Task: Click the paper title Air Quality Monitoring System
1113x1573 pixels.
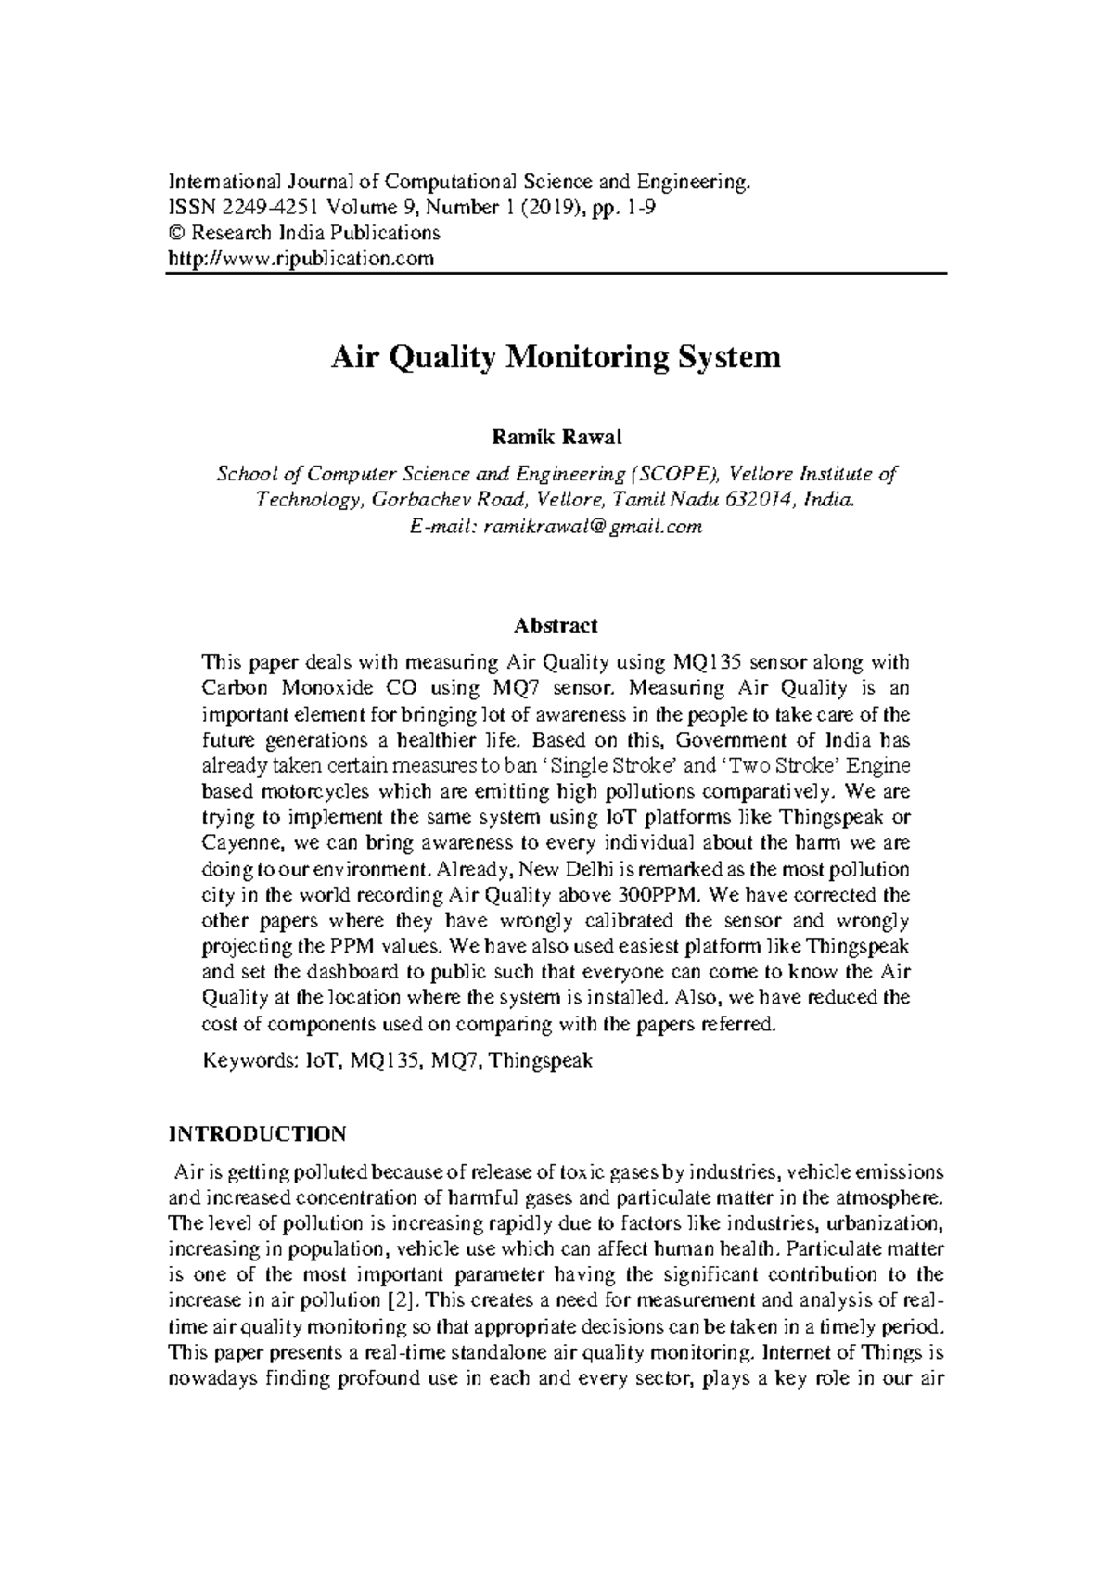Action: [x=556, y=357]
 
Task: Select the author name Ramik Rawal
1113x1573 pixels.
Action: [x=556, y=437]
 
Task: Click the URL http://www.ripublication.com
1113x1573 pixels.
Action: [x=301, y=259]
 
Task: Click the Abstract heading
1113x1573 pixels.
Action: [x=556, y=626]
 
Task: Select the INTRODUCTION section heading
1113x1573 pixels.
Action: [x=257, y=1134]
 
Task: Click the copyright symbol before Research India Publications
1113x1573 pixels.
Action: [x=174, y=233]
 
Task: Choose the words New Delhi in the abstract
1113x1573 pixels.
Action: [x=561, y=870]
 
